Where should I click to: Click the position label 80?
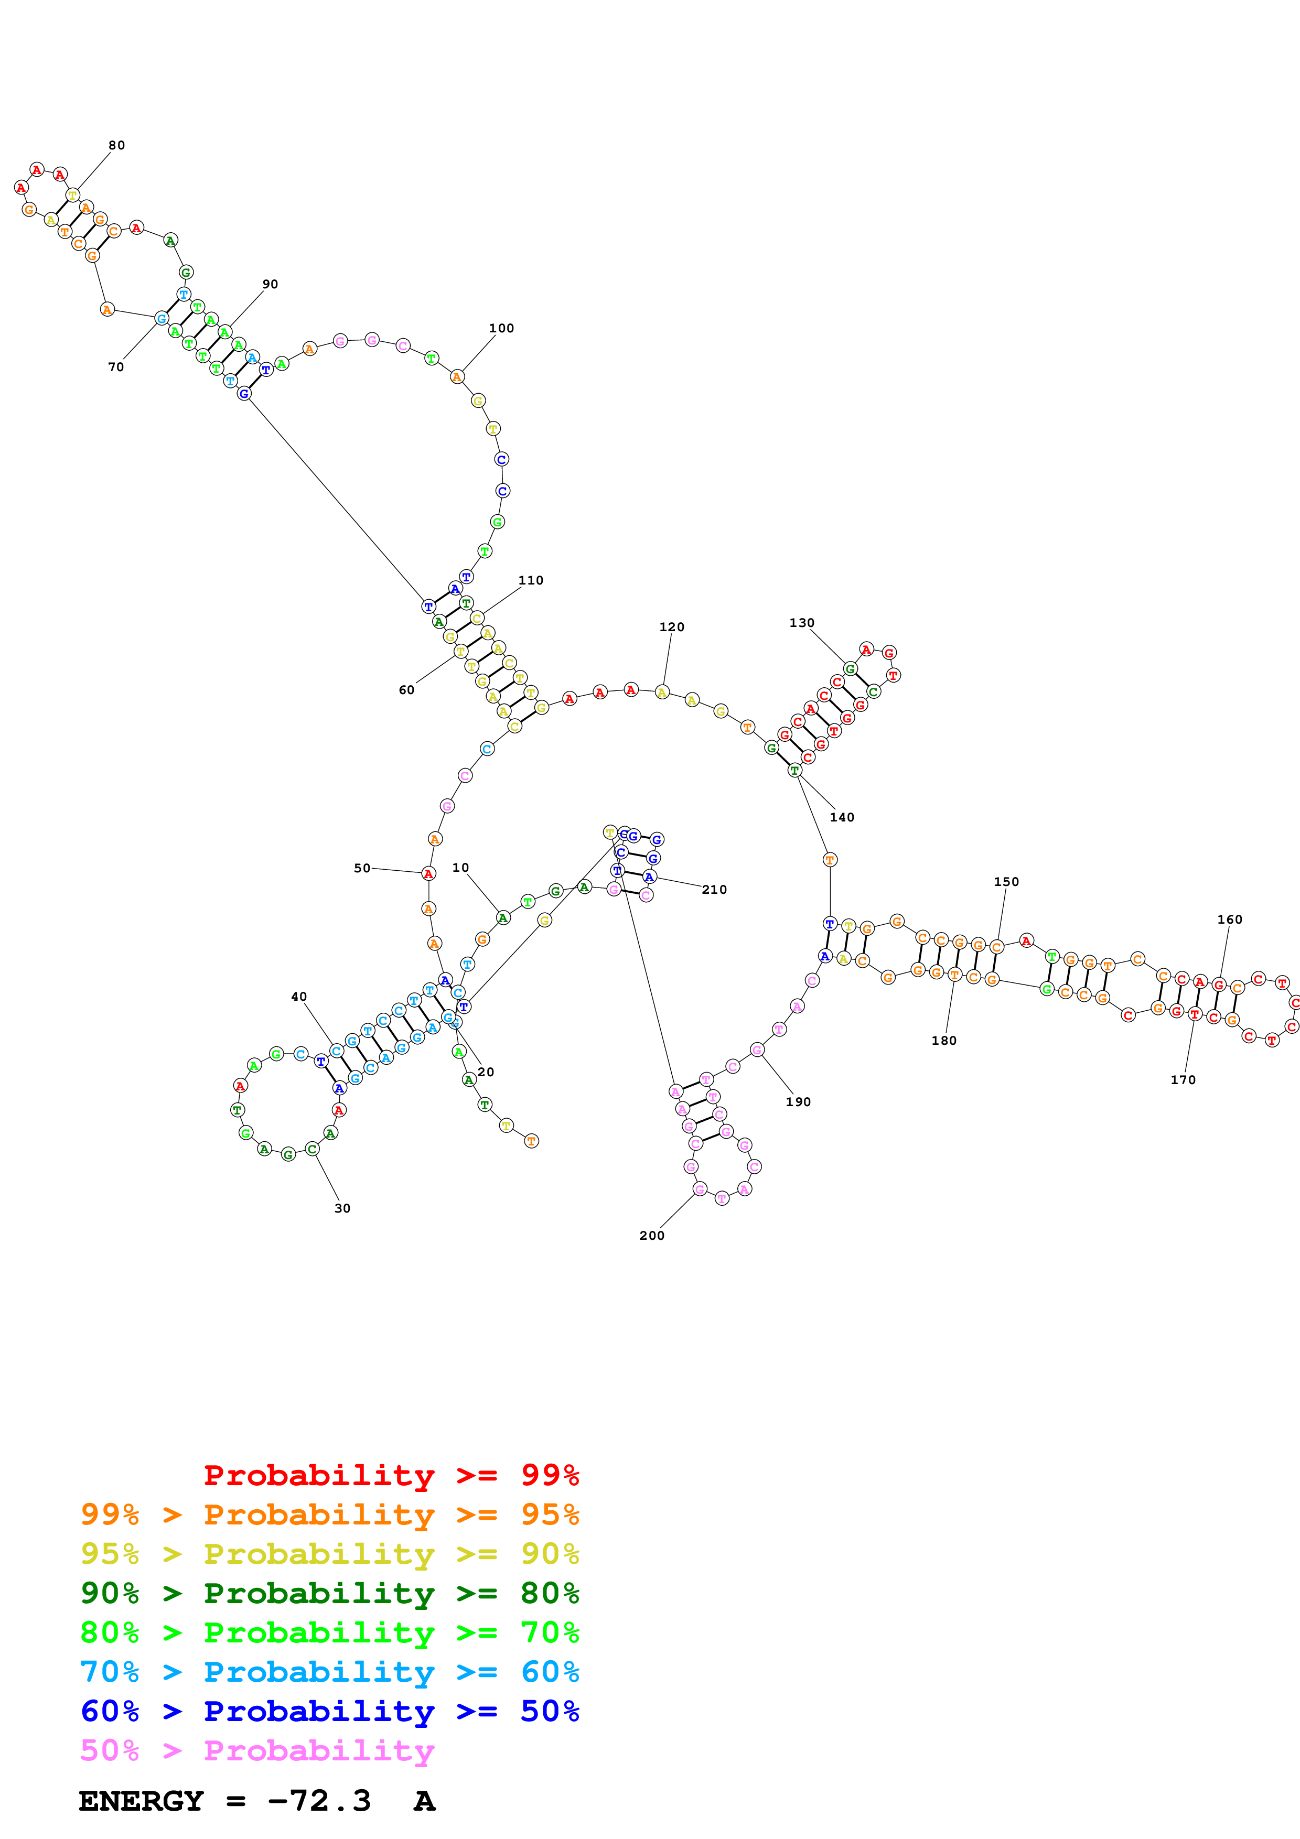[x=117, y=145]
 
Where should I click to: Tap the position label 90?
[x=270, y=284]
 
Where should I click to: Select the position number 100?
[x=501, y=328]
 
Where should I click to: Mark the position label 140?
[x=841, y=817]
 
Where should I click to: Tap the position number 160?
[x=1230, y=918]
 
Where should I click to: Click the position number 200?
[x=651, y=1235]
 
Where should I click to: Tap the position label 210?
[x=714, y=889]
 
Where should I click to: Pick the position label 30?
[x=342, y=1208]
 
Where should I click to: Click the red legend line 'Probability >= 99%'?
[x=391, y=1475]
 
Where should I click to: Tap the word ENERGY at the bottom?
[x=141, y=1801]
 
